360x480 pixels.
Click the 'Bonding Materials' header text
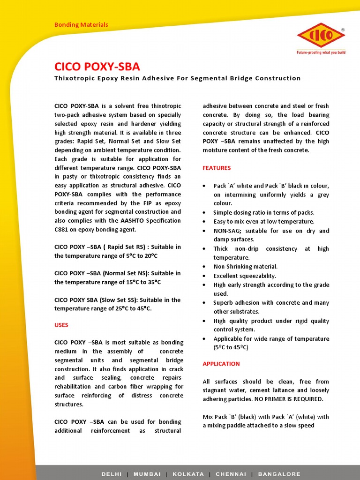click(x=81, y=24)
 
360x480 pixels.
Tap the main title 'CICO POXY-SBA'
click(x=97, y=66)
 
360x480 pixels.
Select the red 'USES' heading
click(x=61, y=325)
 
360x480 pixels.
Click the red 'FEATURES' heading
click(x=217, y=168)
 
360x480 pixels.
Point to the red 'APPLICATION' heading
click(x=221, y=364)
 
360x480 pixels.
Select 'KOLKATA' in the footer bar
click(x=188, y=474)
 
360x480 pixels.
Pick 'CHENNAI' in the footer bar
click(x=230, y=474)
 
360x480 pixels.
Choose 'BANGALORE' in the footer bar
click(x=278, y=474)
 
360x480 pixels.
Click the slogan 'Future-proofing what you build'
click(x=321, y=52)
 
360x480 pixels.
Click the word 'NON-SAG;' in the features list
click(x=227, y=231)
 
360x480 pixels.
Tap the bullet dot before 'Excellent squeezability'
click(x=204, y=276)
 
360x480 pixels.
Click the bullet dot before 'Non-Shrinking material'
click(x=204, y=267)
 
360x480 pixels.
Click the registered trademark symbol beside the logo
click(x=343, y=30)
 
